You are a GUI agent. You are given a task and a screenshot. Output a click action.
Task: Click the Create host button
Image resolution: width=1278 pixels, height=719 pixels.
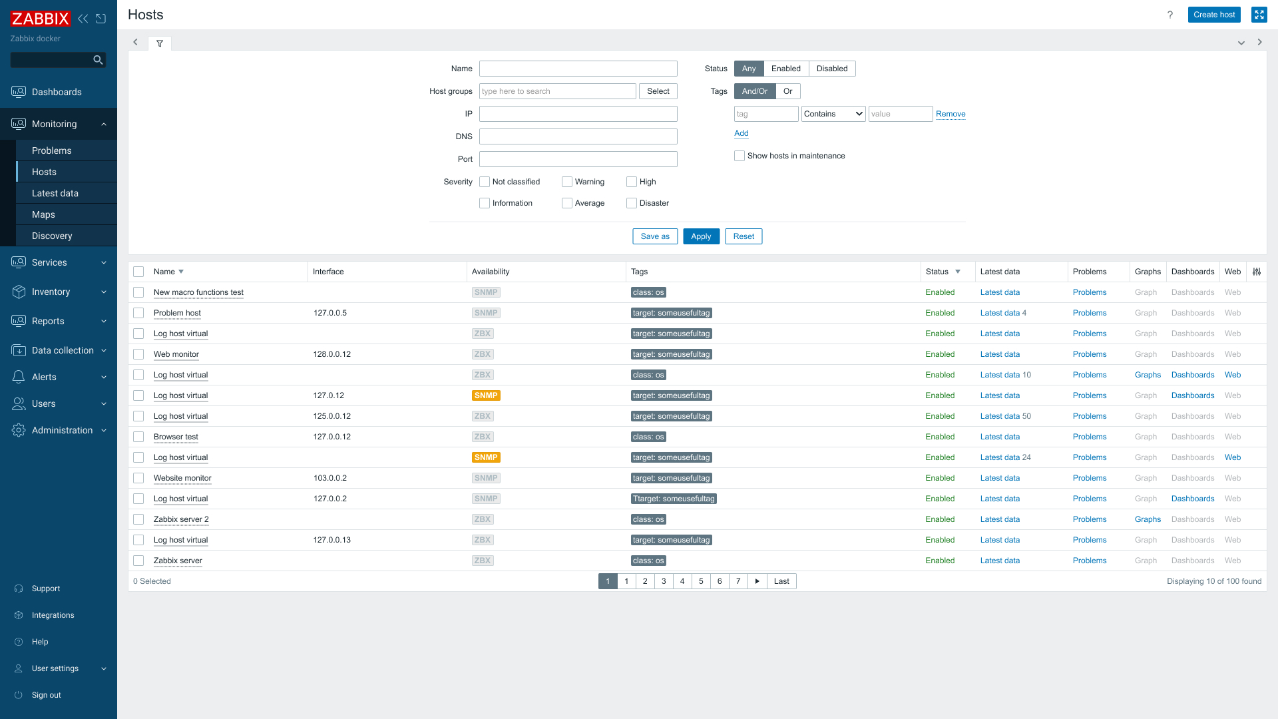1213,15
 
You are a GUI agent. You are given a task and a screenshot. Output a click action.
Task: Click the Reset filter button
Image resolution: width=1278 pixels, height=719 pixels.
744,236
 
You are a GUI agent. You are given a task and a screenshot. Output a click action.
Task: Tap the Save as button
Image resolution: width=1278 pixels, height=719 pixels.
655,236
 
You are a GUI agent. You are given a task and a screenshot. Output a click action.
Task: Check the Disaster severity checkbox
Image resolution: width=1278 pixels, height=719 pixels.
632,203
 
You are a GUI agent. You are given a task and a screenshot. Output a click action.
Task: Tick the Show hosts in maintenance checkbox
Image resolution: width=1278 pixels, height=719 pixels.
740,156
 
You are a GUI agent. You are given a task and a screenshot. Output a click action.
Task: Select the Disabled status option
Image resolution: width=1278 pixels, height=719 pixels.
832,69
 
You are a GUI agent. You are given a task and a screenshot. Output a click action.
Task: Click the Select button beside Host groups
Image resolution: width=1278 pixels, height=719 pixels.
658,91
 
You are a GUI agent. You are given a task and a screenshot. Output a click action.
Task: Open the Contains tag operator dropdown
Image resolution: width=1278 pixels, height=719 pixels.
833,114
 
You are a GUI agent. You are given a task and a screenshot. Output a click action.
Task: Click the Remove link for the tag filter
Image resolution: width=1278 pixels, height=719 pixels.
951,114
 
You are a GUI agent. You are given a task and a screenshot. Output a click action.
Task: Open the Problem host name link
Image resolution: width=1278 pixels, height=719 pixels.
177,313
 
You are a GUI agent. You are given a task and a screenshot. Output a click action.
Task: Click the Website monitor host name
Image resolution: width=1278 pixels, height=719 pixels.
182,478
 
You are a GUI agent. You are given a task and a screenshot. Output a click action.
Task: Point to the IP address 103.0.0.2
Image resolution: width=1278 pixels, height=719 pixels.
330,478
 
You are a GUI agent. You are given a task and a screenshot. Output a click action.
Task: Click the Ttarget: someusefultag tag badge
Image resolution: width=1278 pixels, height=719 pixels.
674,499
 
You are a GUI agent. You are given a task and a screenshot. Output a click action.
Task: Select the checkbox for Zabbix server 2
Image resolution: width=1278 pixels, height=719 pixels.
138,519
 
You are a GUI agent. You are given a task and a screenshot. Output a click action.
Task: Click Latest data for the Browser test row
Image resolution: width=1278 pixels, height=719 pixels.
1000,437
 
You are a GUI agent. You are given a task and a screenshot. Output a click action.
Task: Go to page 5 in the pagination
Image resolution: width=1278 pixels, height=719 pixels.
701,581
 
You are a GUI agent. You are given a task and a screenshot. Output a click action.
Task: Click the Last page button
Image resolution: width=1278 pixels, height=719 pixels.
781,581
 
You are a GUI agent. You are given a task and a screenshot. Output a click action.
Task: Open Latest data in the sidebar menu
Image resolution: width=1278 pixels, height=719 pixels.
55,193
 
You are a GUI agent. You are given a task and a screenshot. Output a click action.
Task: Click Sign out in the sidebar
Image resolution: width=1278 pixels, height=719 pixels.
47,695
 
